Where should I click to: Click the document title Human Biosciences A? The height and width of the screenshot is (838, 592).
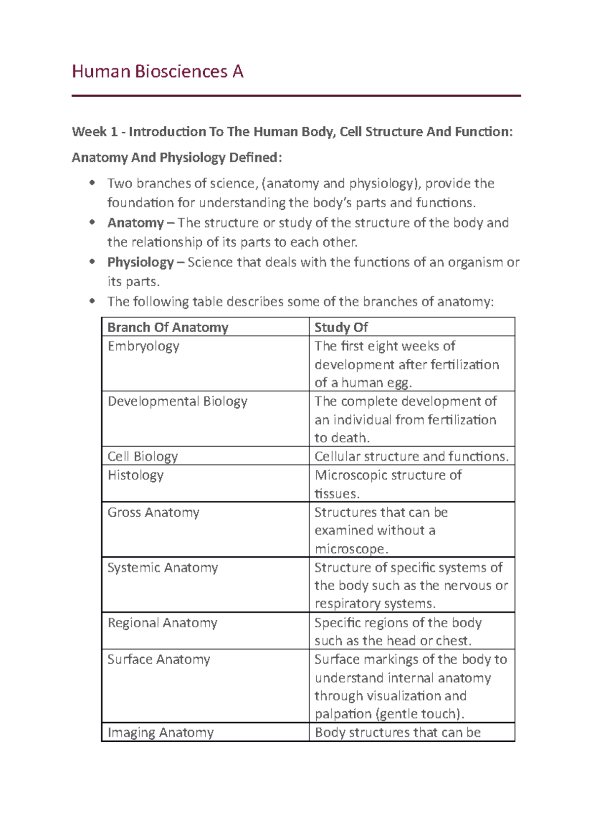pyautogui.click(x=157, y=72)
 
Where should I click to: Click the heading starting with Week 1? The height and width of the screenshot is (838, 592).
pyautogui.click(x=292, y=132)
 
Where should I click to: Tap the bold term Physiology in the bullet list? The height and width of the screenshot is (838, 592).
pyautogui.click(x=141, y=262)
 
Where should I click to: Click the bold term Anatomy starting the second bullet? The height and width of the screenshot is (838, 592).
pyautogui.click(x=136, y=223)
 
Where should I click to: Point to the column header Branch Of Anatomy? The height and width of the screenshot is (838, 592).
pyautogui.click(x=168, y=327)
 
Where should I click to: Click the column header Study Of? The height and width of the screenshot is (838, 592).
pyautogui.click(x=341, y=327)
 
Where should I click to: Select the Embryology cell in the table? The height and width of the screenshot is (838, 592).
pyautogui.click(x=144, y=346)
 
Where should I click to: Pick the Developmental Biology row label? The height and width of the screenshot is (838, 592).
pyautogui.click(x=178, y=401)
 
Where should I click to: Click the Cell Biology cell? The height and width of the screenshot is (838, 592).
pyautogui.click(x=143, y=457)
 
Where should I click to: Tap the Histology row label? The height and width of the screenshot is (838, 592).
pyautogui.click(x=136, y=475)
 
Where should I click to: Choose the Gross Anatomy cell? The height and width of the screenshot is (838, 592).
pyautogui.click(x=153, y=512)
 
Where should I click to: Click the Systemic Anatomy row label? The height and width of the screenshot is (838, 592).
pyautogui.click(x=163, y=568)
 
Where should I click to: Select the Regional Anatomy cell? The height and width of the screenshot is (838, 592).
pyautogui.click(x=162, y=623)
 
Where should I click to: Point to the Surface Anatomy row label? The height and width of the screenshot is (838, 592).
pyautogui.click(x=159, y=659)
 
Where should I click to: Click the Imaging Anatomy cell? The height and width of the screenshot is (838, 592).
pyautogui.click(x=161, y=732)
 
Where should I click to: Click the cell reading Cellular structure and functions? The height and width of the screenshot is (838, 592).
pyautogui.click(x=411, y=457)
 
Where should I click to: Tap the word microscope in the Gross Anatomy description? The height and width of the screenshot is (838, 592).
pyautogui.click(x=349, y=549)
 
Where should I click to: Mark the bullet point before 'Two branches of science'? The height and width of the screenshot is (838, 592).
pyautogui.click(x=92, y=183)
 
